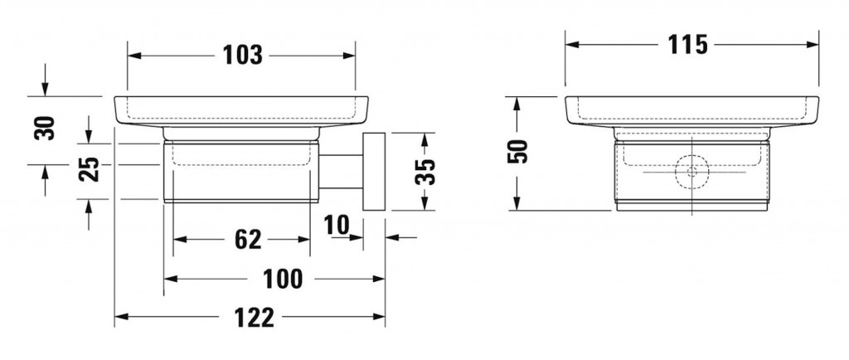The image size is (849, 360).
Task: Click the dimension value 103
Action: tap(243, 56)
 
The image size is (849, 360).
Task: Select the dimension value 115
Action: tap(687, 45)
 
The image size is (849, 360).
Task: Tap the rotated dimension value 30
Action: tap(45, 129)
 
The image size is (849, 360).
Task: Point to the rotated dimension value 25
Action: tap(89, 169)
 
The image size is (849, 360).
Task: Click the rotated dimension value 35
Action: tap(425, 172)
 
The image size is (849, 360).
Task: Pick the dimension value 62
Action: tap(248, 239)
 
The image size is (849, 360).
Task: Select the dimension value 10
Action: tap(337, 225)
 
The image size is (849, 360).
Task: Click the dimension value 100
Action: tap(283, 279)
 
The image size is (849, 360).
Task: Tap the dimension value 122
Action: tap(255, 317)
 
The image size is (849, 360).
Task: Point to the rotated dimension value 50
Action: tap(517, 152)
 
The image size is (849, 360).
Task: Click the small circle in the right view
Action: tap(692, 173)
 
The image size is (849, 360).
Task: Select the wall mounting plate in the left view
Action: tap(374, 171)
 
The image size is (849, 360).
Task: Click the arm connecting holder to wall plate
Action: tap(341, 172)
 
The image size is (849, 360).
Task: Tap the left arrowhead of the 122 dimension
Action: tap(121, 317)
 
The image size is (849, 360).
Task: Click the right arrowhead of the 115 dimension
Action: tap(813, 45)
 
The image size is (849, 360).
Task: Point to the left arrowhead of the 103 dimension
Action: tap(133, 56)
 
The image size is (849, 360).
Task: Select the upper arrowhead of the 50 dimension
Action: tap(517, 104)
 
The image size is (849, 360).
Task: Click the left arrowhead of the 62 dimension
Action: tap(179, 239)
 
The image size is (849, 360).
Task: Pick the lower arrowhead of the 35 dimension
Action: tap(425, 203)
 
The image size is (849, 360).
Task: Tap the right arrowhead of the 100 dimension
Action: tap(378, 279)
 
